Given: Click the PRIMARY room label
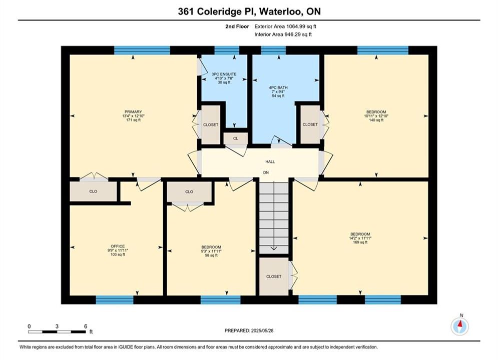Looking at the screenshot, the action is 133,112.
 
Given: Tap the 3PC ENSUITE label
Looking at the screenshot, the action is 224,74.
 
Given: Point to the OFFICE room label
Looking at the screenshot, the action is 118,246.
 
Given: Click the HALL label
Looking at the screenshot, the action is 270,162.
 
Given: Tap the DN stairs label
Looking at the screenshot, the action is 266,172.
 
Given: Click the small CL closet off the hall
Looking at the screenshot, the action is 235,138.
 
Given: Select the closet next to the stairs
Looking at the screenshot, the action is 274,276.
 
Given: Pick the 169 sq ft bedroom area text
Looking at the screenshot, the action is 360,242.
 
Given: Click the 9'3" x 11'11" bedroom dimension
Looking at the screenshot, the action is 211,251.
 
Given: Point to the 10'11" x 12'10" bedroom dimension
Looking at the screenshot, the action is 376,116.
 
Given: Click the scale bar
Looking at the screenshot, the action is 57,332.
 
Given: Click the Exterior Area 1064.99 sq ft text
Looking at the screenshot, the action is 285,26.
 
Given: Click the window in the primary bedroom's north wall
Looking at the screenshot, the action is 142,50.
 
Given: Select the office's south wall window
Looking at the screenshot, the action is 115,299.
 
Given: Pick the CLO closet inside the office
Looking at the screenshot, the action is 94,191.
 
